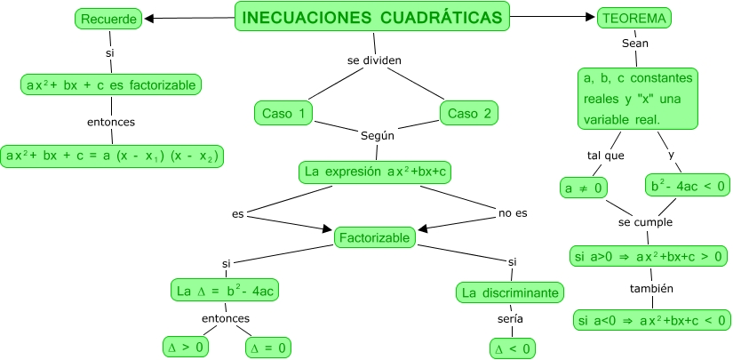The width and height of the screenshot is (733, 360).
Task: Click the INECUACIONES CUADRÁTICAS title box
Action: coord(371,17)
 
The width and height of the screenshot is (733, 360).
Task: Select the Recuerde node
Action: coord(108,19)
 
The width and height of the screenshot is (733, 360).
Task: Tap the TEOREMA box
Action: coord(634,18)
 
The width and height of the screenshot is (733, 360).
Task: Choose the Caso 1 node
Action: coord(283,113)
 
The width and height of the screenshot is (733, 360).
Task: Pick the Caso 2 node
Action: coord(469,113)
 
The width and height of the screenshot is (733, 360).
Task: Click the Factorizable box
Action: coord(374,237)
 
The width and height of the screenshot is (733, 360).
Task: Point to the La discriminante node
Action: coord(510,292)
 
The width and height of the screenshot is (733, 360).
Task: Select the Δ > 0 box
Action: coord(186,348)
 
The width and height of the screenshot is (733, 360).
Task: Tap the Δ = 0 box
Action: coord(267,348)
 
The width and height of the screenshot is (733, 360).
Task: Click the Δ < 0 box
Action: coord(513,348)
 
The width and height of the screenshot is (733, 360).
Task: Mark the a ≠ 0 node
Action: coord(584,188)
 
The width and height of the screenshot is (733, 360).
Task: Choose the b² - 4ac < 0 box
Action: coord(688,186)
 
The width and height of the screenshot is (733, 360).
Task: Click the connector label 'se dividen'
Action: coord(374,60)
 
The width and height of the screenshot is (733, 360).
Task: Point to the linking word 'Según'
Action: coord(378,136)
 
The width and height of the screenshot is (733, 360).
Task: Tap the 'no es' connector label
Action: coord(513,213)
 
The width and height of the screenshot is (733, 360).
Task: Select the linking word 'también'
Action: coord(651,289)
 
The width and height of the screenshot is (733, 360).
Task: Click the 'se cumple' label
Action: coord(645,222)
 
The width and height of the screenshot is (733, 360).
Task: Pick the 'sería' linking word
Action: coord(510,319)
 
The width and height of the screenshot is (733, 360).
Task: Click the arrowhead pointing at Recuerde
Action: coord(149,19)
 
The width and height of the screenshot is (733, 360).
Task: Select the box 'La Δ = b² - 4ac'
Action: coord(226,290)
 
